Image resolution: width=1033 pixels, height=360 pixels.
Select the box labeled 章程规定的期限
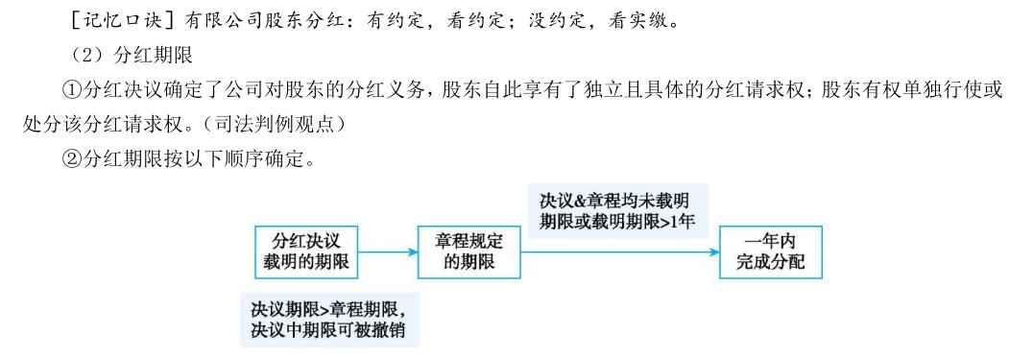pos(469,252)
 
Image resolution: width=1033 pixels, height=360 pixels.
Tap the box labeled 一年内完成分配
pos(770,252)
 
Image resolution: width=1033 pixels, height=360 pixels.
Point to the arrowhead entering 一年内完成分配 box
pos(713,252)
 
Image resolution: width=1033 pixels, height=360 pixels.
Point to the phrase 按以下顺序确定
pos(251,159)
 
